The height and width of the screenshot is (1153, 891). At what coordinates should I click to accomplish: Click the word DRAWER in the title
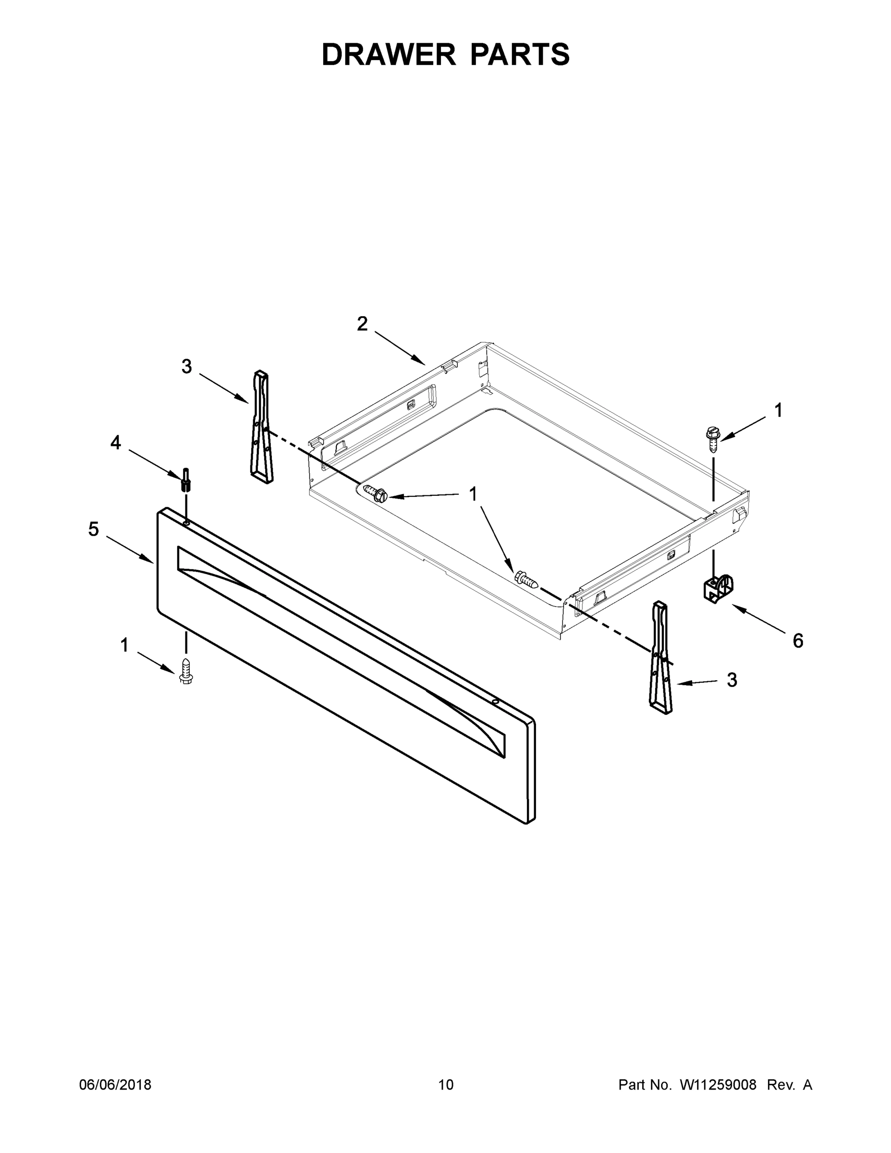[388, 54]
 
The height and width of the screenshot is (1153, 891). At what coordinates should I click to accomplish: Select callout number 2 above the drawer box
[362, 324]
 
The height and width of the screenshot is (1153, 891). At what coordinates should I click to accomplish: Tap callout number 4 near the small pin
[116, 442]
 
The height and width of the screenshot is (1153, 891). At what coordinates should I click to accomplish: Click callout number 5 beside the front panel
[94, 528]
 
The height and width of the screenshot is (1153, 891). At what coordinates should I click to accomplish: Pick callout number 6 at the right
[797, 641]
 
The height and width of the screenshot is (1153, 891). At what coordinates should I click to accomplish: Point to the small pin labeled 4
[186, 479]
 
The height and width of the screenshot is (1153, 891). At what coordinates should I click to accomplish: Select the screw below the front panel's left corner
[186, 671]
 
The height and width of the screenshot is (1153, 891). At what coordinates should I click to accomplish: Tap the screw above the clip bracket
[713, 439]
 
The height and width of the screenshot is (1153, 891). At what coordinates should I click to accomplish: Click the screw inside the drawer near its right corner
[526, 580]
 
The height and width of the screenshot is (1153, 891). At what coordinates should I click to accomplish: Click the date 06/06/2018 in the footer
[115, 1085]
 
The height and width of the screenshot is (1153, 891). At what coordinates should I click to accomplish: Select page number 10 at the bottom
[446, 1085]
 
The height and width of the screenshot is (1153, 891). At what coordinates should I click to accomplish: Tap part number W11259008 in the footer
[718, 1085]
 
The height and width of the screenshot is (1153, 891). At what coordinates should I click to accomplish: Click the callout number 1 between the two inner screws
[473, 494]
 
